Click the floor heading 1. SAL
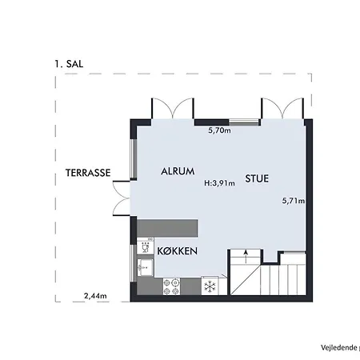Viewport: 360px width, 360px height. coord(69,64)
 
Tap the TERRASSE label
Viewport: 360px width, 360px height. coord(88,173)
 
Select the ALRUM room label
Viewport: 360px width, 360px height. coord(178,171)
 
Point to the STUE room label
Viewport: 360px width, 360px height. coord(257,178)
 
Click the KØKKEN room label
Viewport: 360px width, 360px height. coord(178,251)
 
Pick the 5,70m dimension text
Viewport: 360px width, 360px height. coord(219,130)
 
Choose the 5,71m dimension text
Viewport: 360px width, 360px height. coord(294,201)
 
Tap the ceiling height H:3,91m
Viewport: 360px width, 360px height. coord(219,183)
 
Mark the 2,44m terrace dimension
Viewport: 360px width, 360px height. coord(95,296)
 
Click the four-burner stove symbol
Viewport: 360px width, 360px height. coord(171,286)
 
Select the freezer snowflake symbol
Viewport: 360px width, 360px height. coord(210,286)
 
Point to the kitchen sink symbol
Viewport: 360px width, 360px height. coord(146,267)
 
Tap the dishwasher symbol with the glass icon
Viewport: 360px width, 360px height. coord(146,246)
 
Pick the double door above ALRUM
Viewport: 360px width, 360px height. coord(173,109)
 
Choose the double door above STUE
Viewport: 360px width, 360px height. coord(282,109)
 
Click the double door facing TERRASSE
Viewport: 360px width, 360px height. coord(122,198)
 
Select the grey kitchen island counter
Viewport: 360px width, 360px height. coord(167,229)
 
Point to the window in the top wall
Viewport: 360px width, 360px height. coord(244,122)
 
